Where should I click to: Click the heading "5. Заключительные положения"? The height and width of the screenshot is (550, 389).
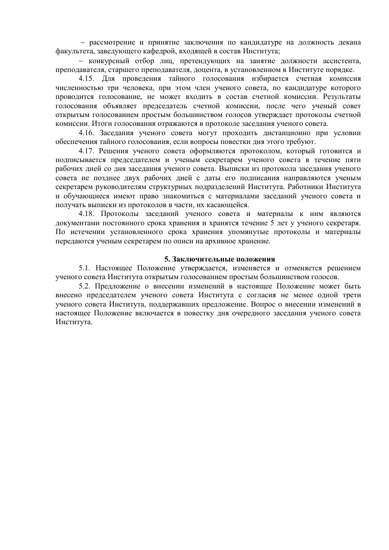[219, 259]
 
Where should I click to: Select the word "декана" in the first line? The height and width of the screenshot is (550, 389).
[350, 43]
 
